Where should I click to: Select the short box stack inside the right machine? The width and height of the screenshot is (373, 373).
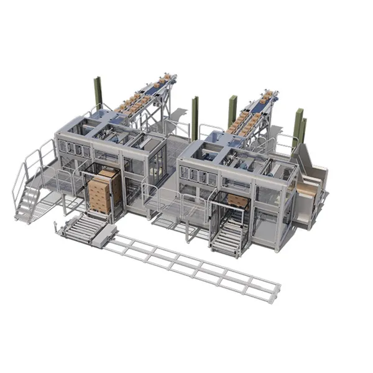tap(237, 200)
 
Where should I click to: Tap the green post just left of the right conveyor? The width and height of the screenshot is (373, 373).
tap(232, 111)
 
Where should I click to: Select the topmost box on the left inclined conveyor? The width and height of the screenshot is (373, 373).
tap(166, 77)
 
